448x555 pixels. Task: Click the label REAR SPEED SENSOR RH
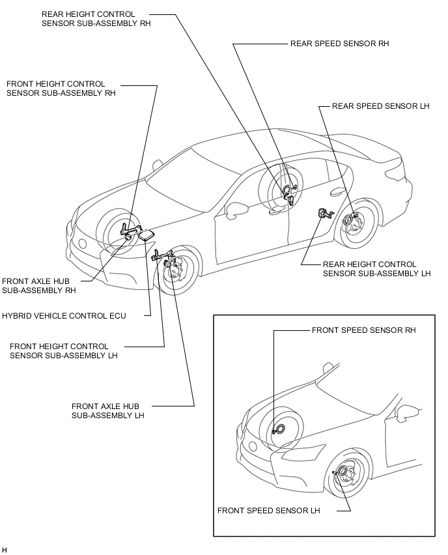coord(339,44)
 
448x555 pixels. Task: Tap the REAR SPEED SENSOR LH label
coord(380,106)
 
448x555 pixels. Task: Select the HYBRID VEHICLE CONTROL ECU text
coord(64,316)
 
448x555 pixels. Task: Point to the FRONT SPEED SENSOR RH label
coord(363,330)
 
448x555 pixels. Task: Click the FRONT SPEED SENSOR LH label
coord(268,511)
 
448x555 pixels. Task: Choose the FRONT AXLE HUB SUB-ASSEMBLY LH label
coord(107,410)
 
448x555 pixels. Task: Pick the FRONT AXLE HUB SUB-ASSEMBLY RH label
coord(39,286)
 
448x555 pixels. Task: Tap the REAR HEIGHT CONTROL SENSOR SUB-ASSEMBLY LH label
coord(376,269)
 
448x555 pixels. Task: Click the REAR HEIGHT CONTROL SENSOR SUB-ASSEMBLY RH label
coord(96,19)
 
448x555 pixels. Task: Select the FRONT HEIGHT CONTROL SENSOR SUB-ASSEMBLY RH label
coord(61,89)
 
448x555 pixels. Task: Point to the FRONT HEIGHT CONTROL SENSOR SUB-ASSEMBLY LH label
coord(63,350)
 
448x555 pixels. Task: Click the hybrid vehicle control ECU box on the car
coord(146,235)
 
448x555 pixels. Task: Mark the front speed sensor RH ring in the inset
coord(280,429)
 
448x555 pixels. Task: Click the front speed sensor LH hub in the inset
coord(343,472)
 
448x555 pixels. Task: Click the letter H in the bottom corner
coord(5,550)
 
